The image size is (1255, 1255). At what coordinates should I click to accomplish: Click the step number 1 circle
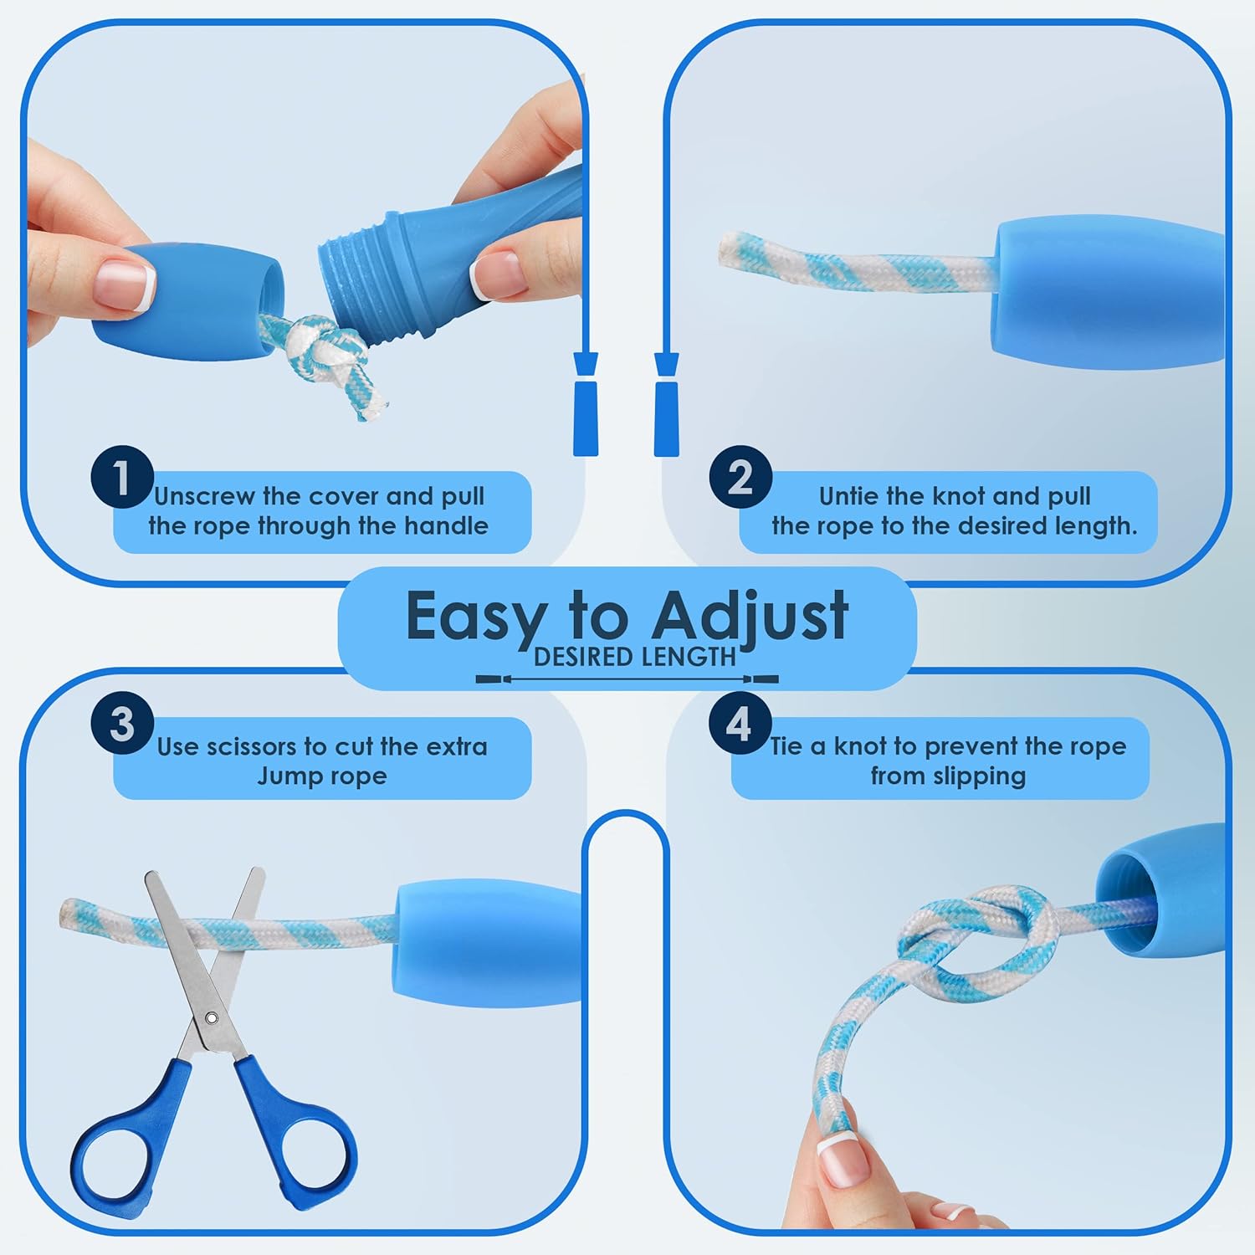coord(122,477)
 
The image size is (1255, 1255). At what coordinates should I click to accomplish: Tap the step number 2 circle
coord(740,477)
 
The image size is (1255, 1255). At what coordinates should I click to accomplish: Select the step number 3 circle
coord(122,723)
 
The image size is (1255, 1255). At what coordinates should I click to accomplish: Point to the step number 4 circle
coord(740,723)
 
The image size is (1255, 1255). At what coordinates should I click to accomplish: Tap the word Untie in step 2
coord(848,496)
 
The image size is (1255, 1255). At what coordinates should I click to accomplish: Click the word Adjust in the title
coord(750,617)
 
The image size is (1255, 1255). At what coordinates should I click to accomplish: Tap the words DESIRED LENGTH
coord(635,658)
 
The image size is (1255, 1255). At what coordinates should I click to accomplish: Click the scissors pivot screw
coord(212,1019)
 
